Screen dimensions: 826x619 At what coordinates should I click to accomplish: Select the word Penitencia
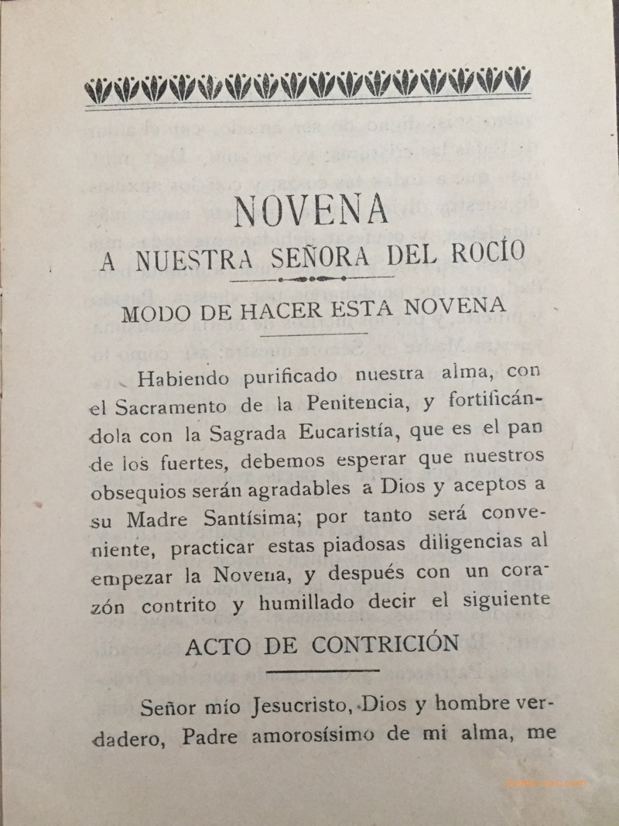point(368,403)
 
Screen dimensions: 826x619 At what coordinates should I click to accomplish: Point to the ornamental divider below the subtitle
point(309,278)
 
